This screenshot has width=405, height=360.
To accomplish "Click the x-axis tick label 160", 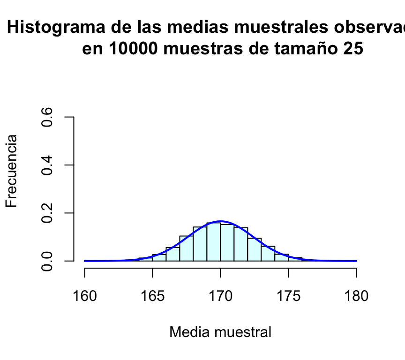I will pyautogui.click(x=85, y=296).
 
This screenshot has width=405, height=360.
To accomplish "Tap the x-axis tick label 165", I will pyautogui.click(x=152, y=296).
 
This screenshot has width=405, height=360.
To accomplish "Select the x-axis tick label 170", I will pyautogui.click(x=220, y=296).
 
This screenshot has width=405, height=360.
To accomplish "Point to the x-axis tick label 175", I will pyautogui.click(x=288, y=296).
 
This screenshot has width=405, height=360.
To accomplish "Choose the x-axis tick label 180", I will pyautogui.click(x=356, y=296).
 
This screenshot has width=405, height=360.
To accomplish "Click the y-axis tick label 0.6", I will pyautogui.click(x=47, y=117).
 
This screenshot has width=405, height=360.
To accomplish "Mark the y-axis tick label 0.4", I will pyautogui.click(x=47, y=165).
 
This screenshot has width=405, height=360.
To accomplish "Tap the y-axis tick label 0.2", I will pyautogui.click(x=47, y=213).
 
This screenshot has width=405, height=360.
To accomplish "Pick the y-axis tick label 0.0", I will pyautogui.click(x=47, y=261).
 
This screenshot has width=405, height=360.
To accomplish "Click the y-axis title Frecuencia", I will pyautogui.click(x=12, y=171).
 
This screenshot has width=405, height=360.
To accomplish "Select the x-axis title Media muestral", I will pyautogui.click(x=220, y=332).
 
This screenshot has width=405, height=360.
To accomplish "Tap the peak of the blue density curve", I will pyautogui.click(x=220, y=221).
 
